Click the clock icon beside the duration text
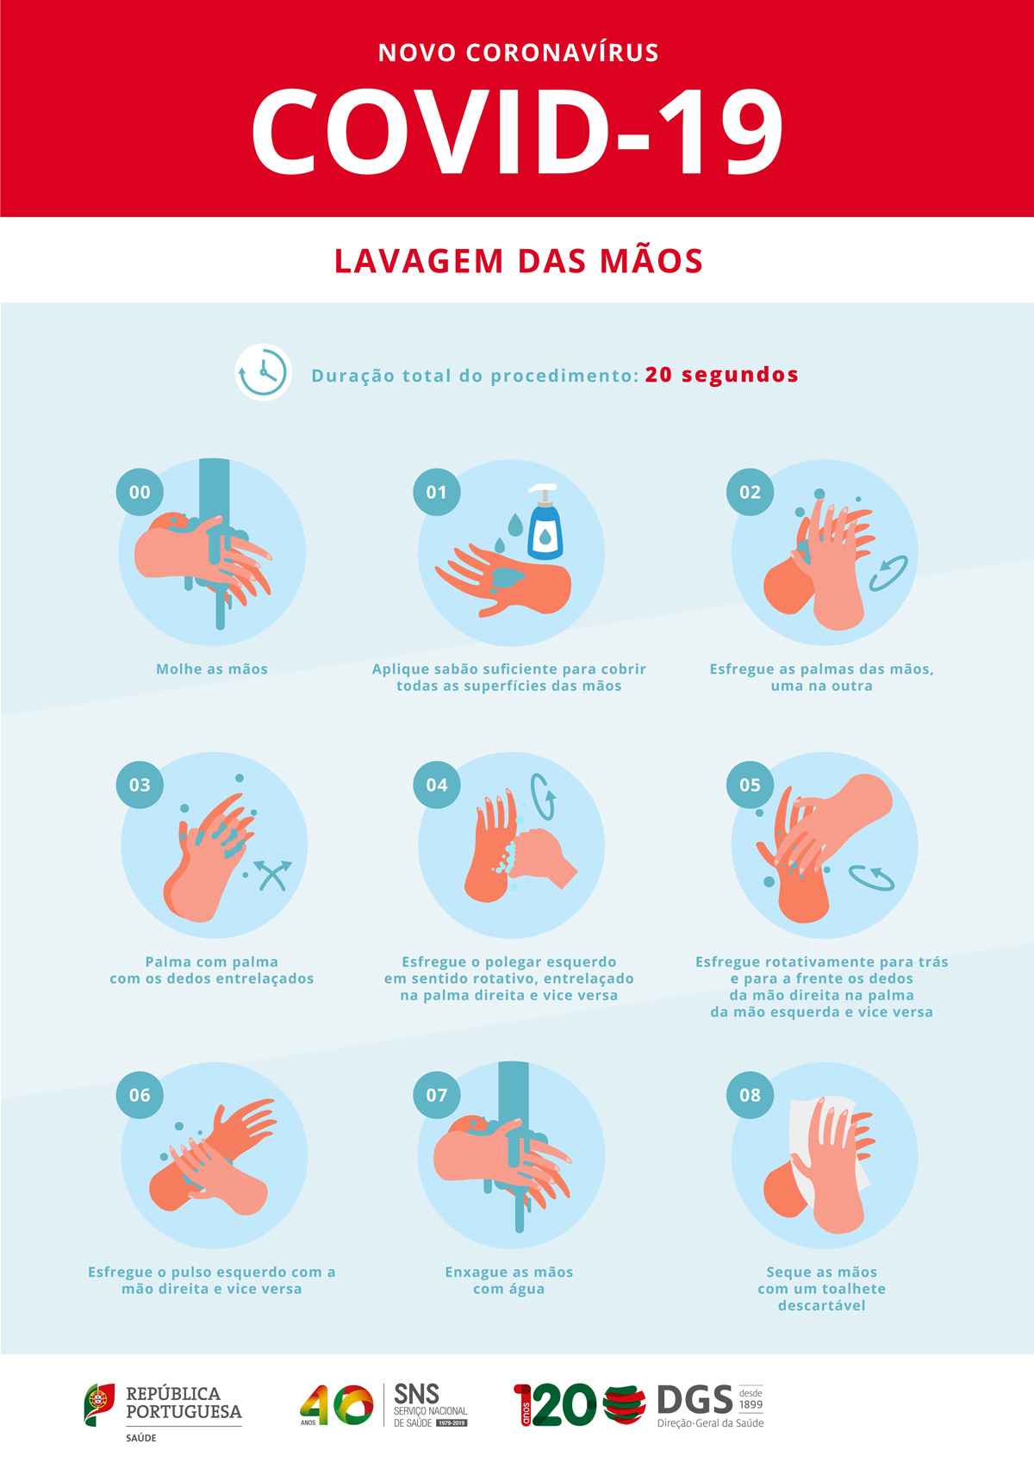coord(263,372)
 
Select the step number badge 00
coord(140,492)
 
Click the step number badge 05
coord(750,785)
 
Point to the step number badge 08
coord(750,1094)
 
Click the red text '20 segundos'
coord(722,376)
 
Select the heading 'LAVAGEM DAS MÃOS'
coord(519,260)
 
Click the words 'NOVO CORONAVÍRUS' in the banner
coord(519,53)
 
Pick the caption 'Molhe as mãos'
coord(212,669)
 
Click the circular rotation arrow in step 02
coord(887,574)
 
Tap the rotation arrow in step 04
coord(543,796)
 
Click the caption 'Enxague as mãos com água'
coord(509,1280)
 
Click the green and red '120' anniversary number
coord(555,1404)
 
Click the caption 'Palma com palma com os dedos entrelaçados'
coord(212,970)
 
